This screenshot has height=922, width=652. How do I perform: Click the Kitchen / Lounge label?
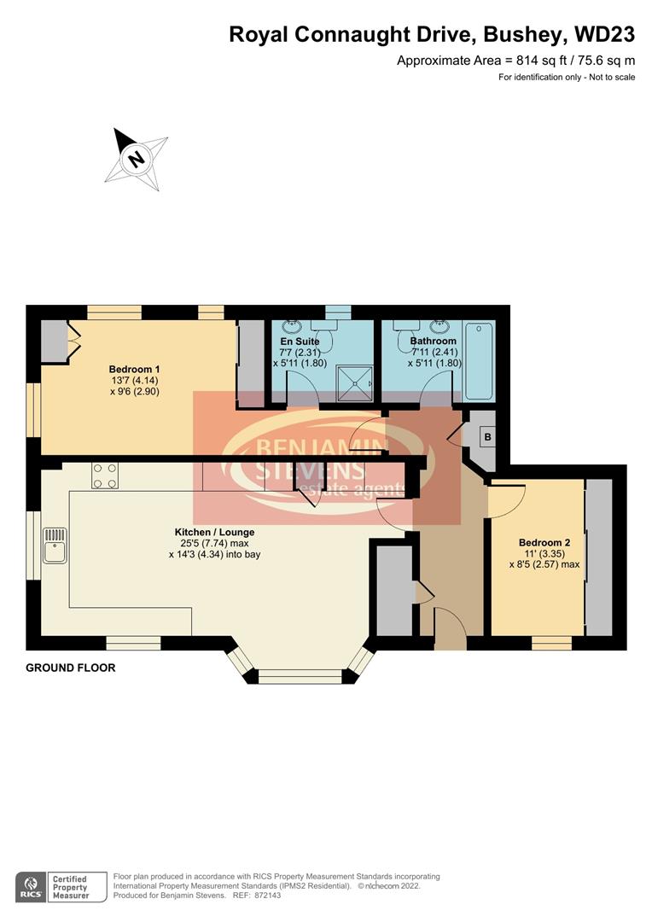214,532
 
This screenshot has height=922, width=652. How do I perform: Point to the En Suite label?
300,341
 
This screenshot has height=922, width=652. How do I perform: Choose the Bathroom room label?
430,341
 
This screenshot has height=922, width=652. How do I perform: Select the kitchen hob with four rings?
105,475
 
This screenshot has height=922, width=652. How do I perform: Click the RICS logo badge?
31,885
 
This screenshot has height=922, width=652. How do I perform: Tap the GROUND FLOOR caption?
71,668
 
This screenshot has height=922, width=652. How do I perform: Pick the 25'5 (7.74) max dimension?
214,543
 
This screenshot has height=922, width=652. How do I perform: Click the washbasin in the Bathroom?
441,326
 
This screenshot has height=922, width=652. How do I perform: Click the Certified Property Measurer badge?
79,886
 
